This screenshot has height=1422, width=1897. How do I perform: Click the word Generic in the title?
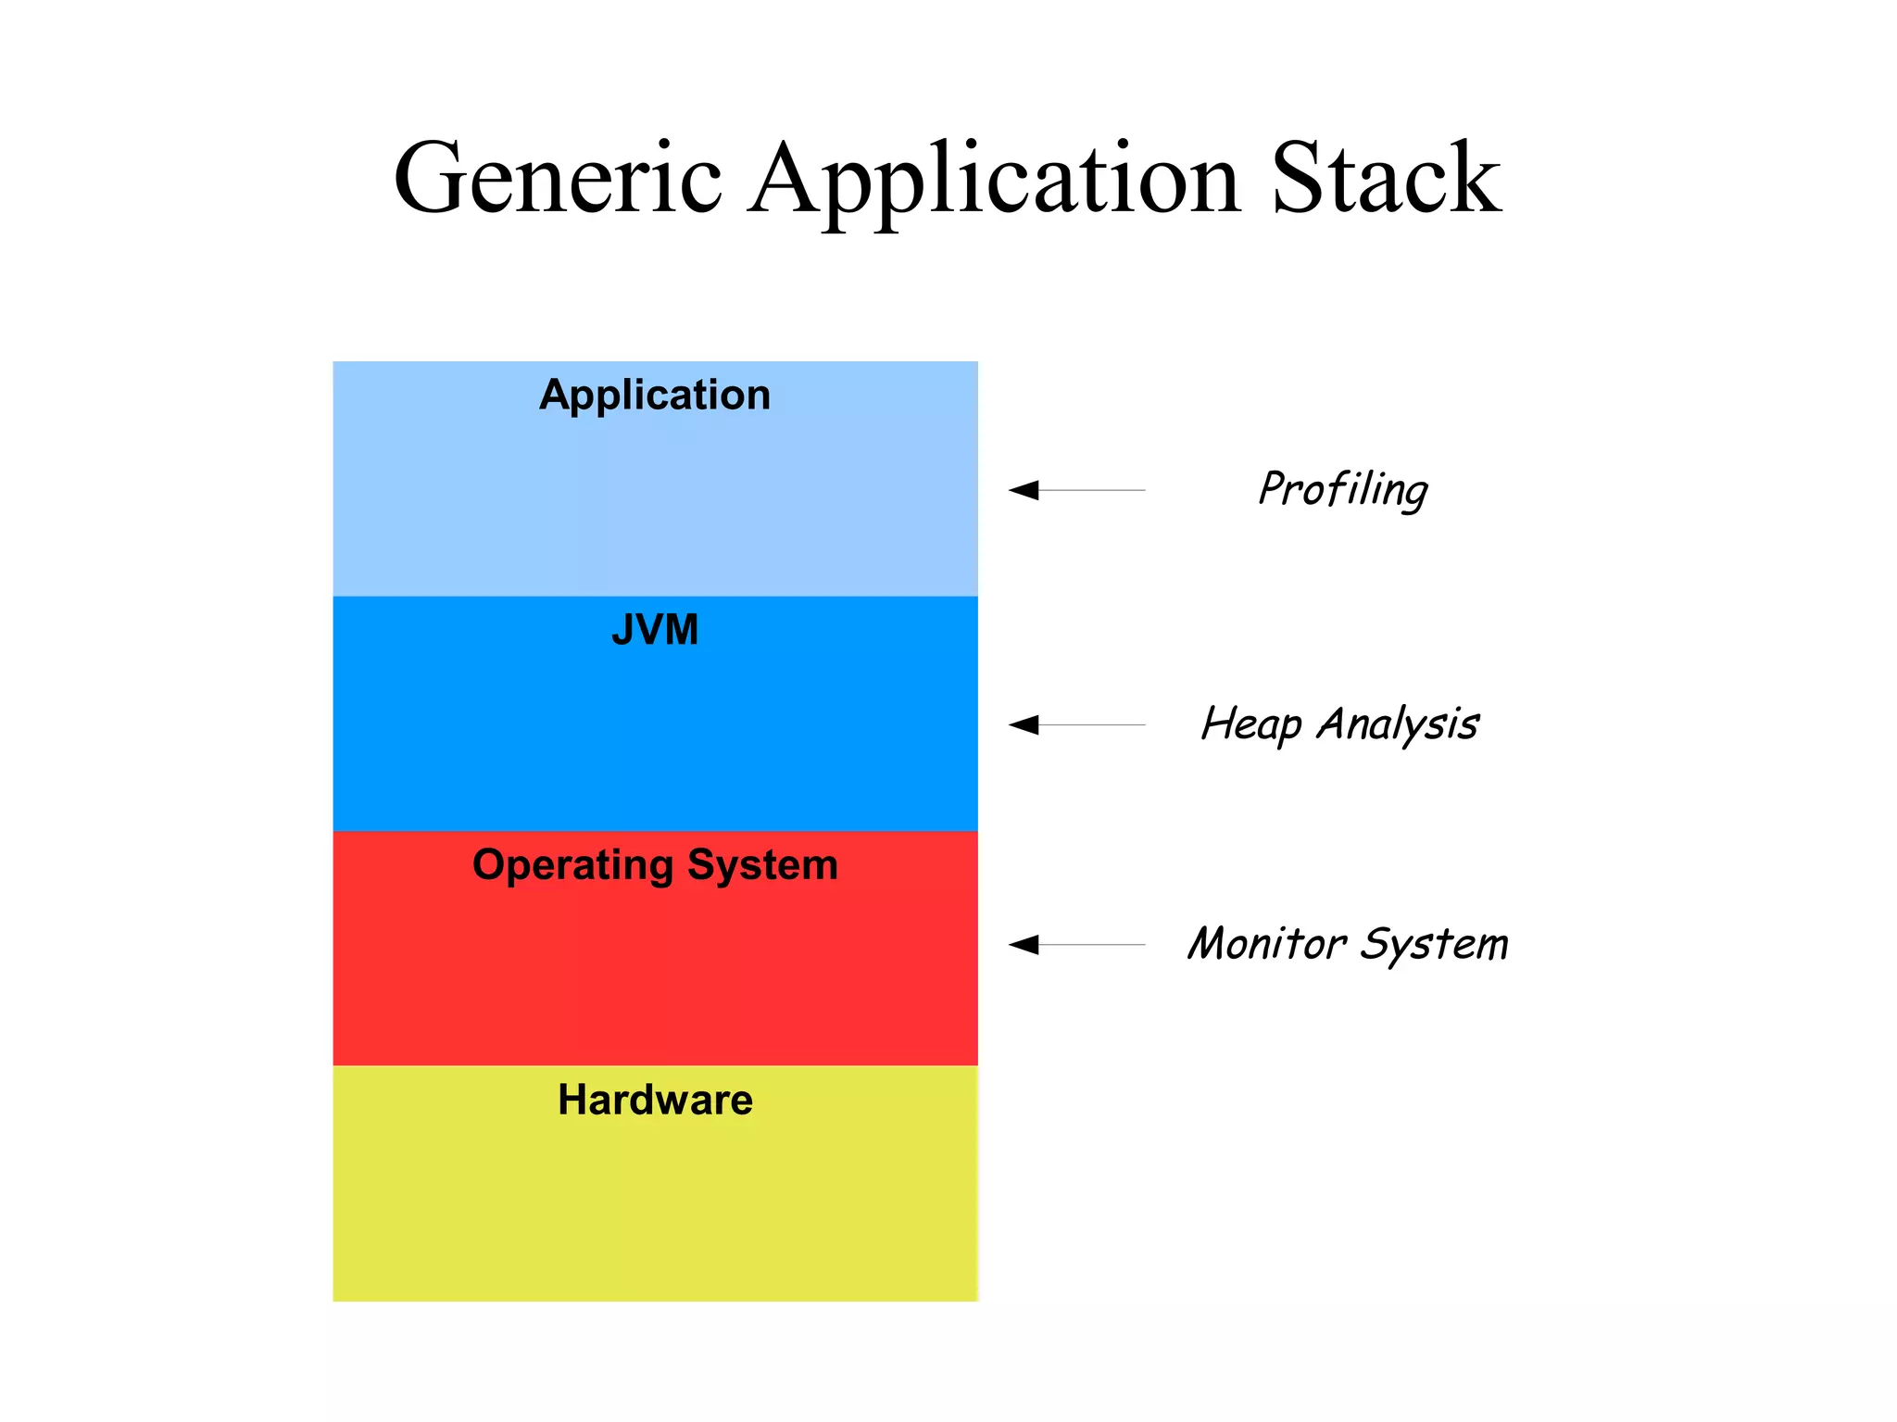tap(557, 178)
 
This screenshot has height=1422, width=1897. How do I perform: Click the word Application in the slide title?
tap(994, 178)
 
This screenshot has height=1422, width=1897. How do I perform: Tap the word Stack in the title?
tap(1386, 178)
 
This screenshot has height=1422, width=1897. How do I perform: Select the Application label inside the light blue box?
tap(655, 396)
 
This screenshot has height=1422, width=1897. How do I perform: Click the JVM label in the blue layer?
tap(655, 630)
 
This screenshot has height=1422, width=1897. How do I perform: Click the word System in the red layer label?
tap(762, 865)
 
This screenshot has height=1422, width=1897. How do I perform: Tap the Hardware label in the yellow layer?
tap(655, 1101)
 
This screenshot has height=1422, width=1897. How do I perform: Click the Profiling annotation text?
tap(1343, 489)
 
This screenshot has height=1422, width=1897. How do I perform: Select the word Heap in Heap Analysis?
tap(1251, 724)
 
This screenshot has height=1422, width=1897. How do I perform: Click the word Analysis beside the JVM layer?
tap(1398, 724)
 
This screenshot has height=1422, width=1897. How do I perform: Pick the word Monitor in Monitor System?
tap(1267, 944)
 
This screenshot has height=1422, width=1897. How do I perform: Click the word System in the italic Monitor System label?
tap(1434, 944)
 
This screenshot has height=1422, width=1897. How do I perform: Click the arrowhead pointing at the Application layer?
tap(1024, 490)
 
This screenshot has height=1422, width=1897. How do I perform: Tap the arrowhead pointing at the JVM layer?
tap(1024, 724)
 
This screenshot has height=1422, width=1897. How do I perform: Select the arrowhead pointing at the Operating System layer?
tap(1024, 945)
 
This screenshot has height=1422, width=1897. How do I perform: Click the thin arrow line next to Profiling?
tap(1093, 490)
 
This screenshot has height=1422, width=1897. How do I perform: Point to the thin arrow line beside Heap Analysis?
tap(1093, 724)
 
